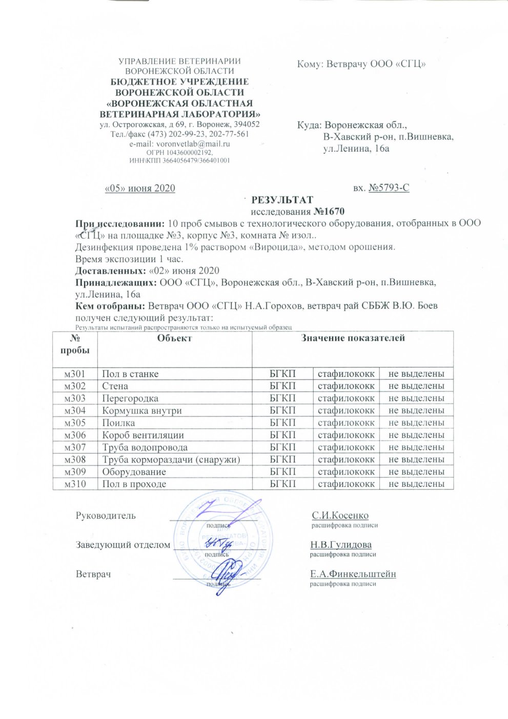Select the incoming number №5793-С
(389, 188)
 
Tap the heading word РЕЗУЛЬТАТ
(282, 200)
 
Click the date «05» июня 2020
(140, 188)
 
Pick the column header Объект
(174, 338)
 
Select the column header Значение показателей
(353, 338)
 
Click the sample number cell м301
(75, 374)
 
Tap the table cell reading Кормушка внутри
(142, 410)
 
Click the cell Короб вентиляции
(143, 435)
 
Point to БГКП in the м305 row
(282, 423)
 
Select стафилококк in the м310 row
(346, 484)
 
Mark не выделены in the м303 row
(416, 398)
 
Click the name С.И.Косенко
(340, 516)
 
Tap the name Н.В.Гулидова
(341, 545)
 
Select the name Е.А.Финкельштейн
(353, 574)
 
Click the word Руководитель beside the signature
(106, 516)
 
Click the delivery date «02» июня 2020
(184, 271)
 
